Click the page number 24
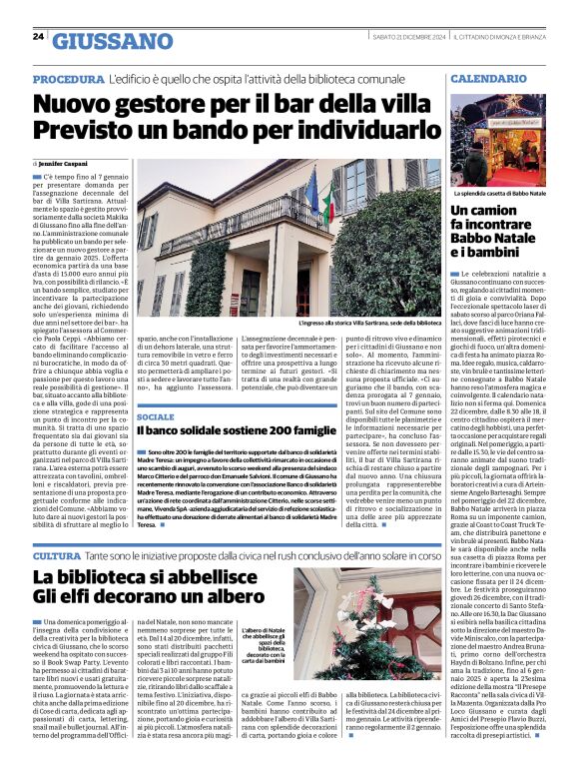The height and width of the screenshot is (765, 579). (38, 37)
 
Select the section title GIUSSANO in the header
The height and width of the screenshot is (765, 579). (112, 41)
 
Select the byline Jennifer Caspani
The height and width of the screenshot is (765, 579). (63, 162)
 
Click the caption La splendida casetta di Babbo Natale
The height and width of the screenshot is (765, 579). (499, 193)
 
